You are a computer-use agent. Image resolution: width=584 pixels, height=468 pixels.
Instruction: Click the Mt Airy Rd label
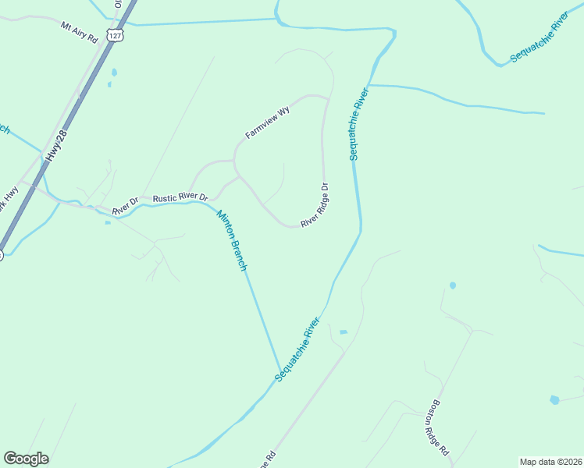pyautogui.click(x=80, y=31)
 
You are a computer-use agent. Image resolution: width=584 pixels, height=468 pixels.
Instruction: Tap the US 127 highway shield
pyautogui.click(x=116, y=36)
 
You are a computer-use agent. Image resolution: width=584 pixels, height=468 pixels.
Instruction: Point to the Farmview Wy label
pyautogui.click(x=267, y=122)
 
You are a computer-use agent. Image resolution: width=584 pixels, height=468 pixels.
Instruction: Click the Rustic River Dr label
pyautogui.click(x=180, y=198)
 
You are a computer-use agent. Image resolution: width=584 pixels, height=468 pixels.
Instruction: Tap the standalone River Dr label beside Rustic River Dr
pyautogui.click(x=125, y=206)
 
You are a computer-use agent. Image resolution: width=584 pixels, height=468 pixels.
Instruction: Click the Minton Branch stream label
pyautogui.click(x=232, y=241)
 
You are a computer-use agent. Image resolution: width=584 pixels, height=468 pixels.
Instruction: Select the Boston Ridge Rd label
pyautogui.click(x=438, y=428)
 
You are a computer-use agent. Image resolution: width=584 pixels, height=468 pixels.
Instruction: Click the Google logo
pyautogui.click(x=26, y=459)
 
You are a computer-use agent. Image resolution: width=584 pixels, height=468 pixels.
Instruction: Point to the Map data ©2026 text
pyautogui.click(x=550, y=461)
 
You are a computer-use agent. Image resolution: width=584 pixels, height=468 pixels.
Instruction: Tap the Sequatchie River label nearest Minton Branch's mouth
pyautogui.click(x=297, y=349)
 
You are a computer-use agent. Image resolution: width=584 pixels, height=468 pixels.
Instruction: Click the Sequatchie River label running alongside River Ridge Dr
pyautogui.click(x=358, y=125)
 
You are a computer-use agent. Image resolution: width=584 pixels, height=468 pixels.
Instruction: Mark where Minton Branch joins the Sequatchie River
pyautogui.click(x=280, y=373)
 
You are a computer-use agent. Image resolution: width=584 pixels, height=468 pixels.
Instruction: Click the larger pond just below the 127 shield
pyautogui.click(x=114, y=73)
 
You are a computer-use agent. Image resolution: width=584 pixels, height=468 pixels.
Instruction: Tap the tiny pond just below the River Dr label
pyautogui.click(x=108, y=222)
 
